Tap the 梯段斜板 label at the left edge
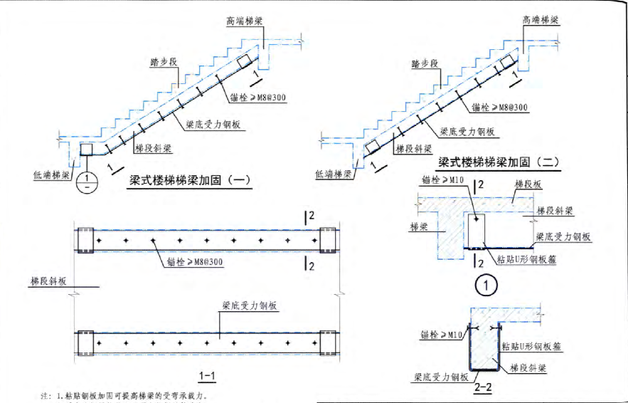coord(48,282)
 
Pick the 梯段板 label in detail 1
coord(528,184)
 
